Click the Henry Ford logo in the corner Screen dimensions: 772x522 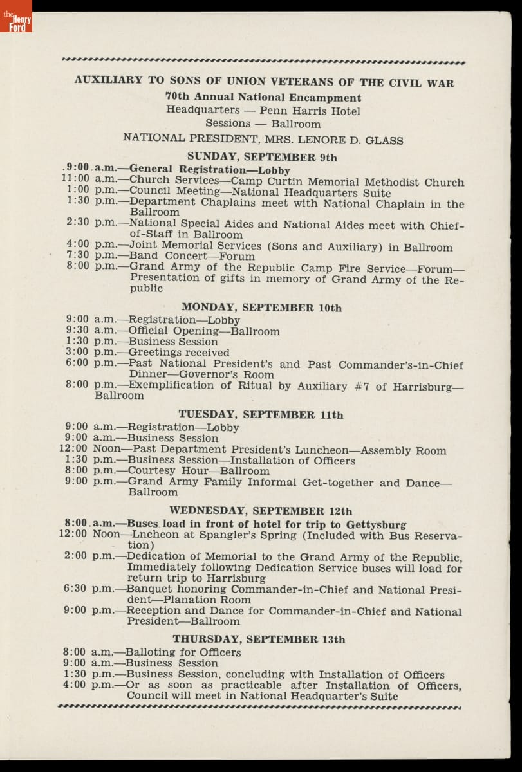tap(16, 17)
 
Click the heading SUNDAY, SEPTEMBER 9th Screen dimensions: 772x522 tap(262, 157)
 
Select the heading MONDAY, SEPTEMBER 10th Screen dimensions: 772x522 tap(261, 308)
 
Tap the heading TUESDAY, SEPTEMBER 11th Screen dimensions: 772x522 tap(261, 415)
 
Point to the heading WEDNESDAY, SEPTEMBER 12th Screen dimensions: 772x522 tap(261, 511)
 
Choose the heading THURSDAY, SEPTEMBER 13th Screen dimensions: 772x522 tap(259, 639)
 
